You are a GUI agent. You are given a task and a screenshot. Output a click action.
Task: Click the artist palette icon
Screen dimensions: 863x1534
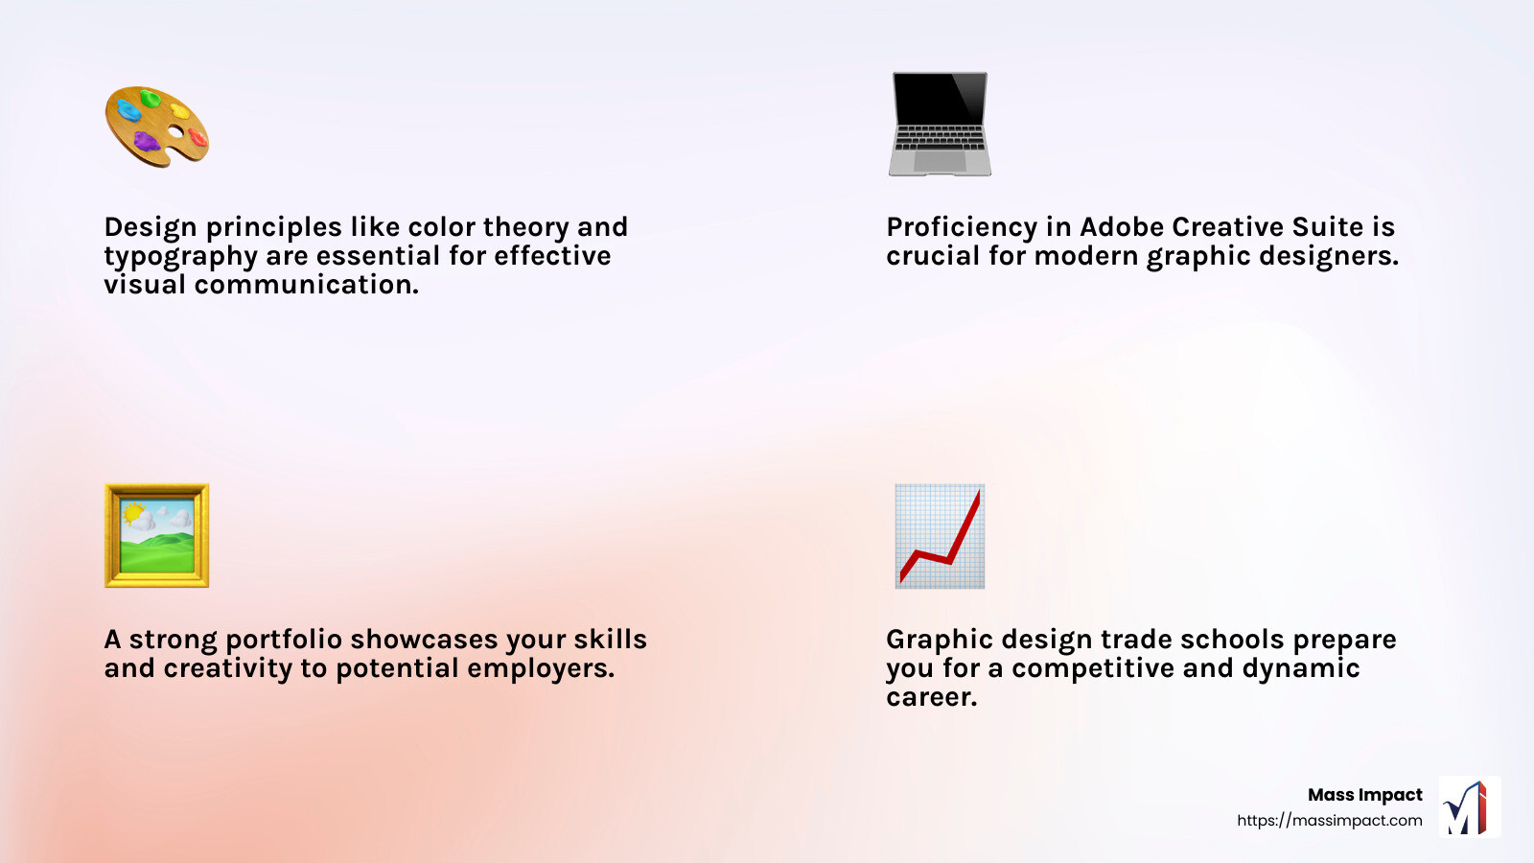pyautogui.click(x=156, y=127)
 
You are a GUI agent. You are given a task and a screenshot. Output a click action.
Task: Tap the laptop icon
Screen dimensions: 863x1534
pyautogui.click(x=940, y=124)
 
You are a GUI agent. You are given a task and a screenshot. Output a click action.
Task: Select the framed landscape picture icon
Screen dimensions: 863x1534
pyautogui.click(x=156, y=535)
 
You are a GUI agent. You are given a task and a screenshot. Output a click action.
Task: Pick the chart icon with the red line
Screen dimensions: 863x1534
pyautogui.click(x=940, y=535)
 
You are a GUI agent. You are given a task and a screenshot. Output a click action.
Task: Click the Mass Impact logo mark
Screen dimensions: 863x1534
pyautogui.click(x=1469, y=807)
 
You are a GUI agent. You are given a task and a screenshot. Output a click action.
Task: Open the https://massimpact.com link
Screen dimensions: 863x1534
pyautogui.click(x=1329, y=821)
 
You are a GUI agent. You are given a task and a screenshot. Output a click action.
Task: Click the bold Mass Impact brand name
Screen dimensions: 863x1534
pyautogui.click(x=1364, y=795)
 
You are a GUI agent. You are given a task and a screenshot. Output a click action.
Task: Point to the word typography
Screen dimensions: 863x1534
pyautogui.click(x=181, y=257)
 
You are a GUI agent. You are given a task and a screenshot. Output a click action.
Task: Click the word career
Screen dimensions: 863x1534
pyautogui.click(x=931, y=697)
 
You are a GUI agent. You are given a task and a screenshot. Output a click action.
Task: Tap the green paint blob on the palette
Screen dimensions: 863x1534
pyautogui.click(x=151, y=98)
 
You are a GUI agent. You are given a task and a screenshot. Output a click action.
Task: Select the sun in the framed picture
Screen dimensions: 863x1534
pyautogui.click(x=132, y=513)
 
